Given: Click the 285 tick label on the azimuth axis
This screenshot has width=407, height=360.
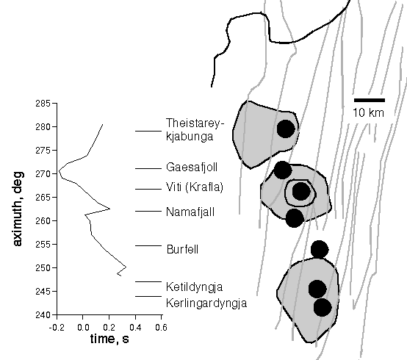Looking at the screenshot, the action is pyautogui.click(x=43, y=104).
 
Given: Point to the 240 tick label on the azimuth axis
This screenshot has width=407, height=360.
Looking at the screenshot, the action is pyautogui.click(x=43, y=315).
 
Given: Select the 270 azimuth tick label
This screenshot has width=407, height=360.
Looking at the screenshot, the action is pyautogui.click(x=43, y=174).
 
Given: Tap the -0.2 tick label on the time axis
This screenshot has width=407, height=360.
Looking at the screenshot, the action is pyautogui.click(x=57, y=328).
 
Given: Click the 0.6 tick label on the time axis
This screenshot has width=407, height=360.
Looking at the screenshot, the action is pyautogui.click(x=161, y=328).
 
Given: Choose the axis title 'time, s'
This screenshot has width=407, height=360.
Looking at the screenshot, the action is pyautogui.click(x=109, y=339).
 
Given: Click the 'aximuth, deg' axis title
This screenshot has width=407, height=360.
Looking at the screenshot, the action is pyautogui.click(x=18, y=209).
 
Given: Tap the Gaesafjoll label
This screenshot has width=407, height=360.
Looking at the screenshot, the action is pyautogui.click(x=192, y=168).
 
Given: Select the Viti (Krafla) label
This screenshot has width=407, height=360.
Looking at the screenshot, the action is pyautogui.click(x=195, y=187).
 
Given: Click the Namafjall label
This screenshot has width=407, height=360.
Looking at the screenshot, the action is pyautogui.click(x=190, y=212).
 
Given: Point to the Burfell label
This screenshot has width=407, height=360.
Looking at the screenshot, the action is pyautogui.click(x=182, y=250).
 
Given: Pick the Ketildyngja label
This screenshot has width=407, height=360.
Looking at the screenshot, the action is pyautogui.click(x=195, y=287).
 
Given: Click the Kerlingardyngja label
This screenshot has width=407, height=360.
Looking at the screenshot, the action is pyautogui.click(x=206, y=303).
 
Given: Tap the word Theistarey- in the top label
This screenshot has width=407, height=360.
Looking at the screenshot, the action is pyautogui.click(x=195, y=123).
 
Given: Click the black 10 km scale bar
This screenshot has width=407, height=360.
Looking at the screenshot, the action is pyautogui.click(x=370, y=100).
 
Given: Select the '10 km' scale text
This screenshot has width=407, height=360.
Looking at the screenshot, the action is pyautogui.click(x=368, y=113).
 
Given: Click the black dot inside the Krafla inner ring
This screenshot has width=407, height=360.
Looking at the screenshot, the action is pyautogui.click(x=301, y=191).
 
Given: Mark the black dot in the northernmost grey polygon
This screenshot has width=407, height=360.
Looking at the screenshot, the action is pyautogui.click(x=286, y=129).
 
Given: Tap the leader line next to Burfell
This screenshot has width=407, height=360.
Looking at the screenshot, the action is pyautogui.click(x=148, y=245).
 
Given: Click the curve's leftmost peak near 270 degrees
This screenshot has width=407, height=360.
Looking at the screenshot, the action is pyautogui.click(x=59, y=170).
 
